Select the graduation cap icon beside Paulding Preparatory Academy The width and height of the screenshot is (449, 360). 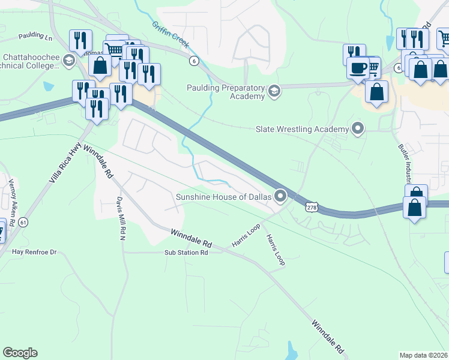pos(274,91)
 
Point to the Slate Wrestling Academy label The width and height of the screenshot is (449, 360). pos(302,129)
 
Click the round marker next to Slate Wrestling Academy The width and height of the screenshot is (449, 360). pos(358,128)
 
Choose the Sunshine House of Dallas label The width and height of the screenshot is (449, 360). pos(223,196)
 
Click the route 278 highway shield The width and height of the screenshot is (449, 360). pos(312,207)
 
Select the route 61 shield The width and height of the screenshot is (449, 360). pos(23,223)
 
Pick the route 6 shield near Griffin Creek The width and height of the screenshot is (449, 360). pos(193,61)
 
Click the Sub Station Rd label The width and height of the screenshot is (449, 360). pos(186,253)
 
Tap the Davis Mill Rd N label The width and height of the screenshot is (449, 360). pos(121,211)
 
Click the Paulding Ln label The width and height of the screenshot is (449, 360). pos(35,36)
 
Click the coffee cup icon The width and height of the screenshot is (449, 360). pos(359,68)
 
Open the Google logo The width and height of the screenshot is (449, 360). pos(20,353)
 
